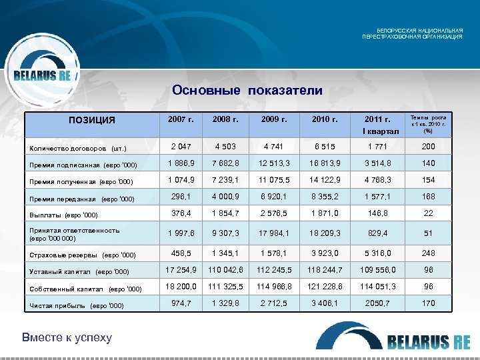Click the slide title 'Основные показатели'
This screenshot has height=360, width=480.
coord(247,90)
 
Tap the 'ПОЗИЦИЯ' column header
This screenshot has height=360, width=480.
coord(93,121)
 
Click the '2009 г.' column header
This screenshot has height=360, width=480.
coord(275,120)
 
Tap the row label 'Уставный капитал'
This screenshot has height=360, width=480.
coord(79,271)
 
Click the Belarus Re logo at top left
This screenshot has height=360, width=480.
coord(43,74)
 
